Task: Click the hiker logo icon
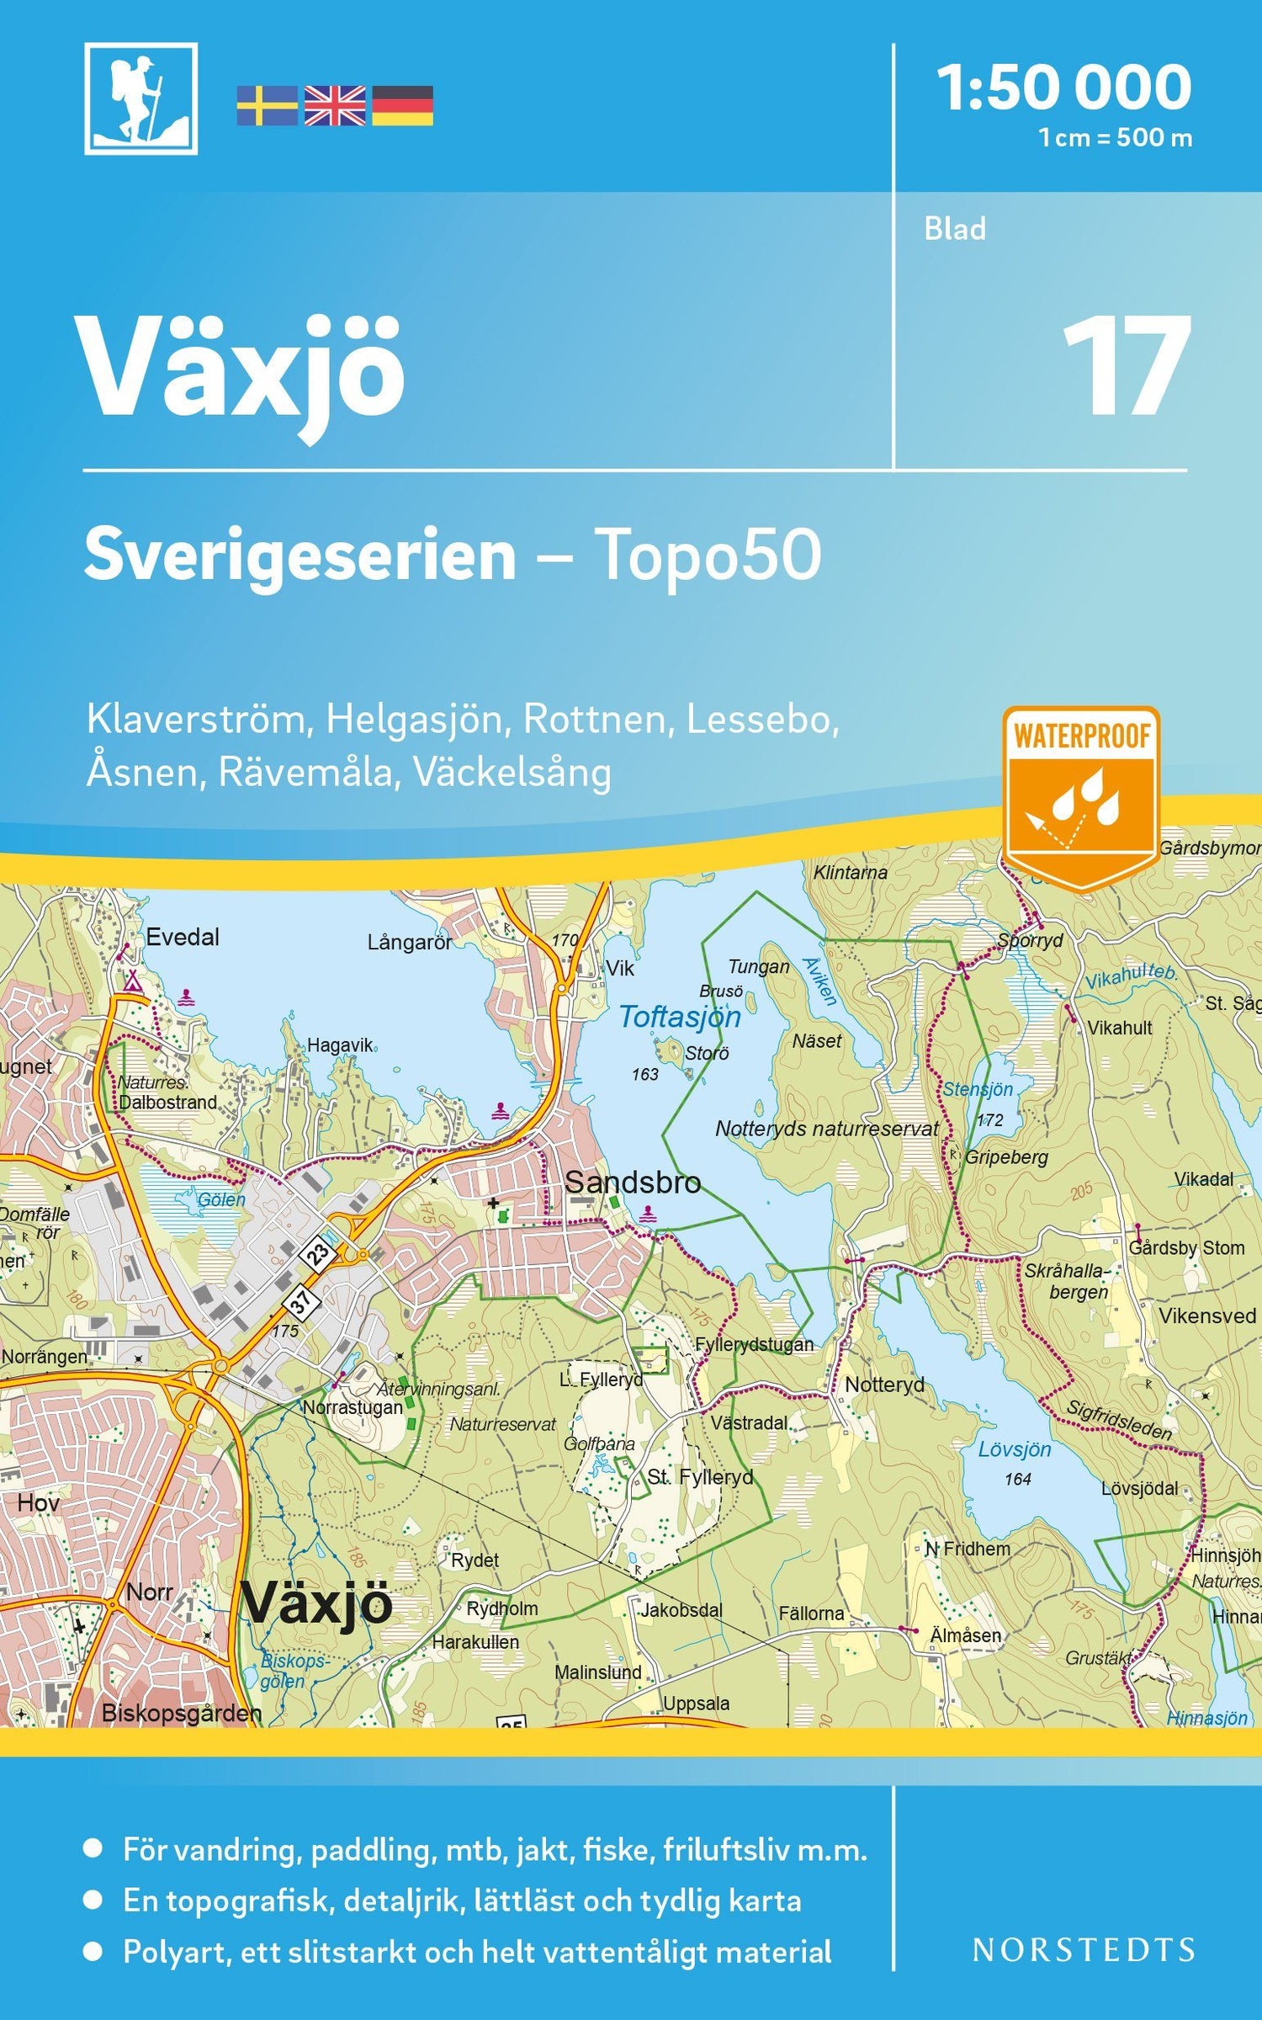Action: coord(141,98)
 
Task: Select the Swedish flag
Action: coord(266,106)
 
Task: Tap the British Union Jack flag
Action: coord(334,106)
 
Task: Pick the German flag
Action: coord(402,106)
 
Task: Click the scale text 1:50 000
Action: coord(1063,88)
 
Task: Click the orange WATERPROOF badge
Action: coord(1081,795)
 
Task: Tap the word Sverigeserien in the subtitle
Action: coord(300,555)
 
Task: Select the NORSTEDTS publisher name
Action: coord(1083,1949)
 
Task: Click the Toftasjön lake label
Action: coord(680,1017)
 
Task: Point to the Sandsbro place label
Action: coord(633,1183)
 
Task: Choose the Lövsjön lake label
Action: coord(1015,1449)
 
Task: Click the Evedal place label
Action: coord(183,937)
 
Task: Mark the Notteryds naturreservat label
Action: coord(826,1130)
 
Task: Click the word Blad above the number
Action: coord(954,229)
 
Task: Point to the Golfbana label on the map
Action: coord(599,1443)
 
